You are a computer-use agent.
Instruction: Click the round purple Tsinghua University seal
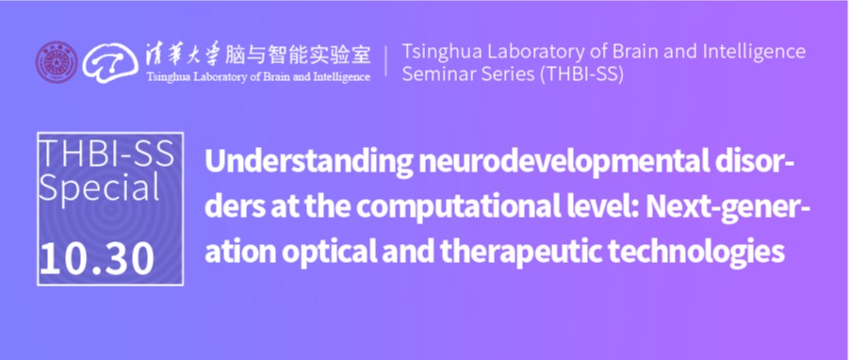(57, 62)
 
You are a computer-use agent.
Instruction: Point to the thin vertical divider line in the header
(386, 61)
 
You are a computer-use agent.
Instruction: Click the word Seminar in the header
(435, 74)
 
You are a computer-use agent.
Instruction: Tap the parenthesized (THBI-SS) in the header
(580, 74)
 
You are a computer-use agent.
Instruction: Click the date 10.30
(97, 259)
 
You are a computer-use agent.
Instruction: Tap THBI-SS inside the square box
(107, 154)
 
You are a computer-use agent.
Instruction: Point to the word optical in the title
(322, 253)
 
